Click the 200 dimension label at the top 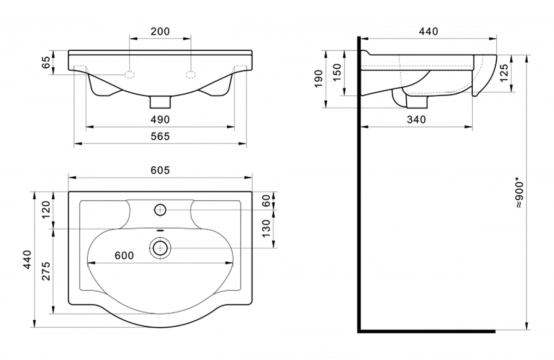(x=160, y=31)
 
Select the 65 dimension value (x=46, y=62)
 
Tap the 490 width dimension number (x=160, y=120)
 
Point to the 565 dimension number (x=160, y=136)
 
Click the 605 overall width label (x=160, y=170)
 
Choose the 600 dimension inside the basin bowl (x=124, y=255)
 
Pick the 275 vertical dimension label (x=46, y=271)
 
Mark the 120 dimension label (x=46, y=210)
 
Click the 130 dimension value (x=266, y=228)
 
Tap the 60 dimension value (x=266, y=201)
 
